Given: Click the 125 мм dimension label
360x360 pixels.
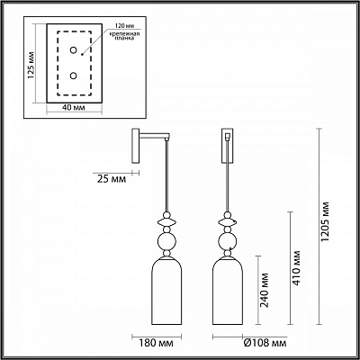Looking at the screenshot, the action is coord(31,66).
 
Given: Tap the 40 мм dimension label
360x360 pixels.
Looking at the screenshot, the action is coord(74,107).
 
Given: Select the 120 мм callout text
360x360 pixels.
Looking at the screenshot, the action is coord(122,25).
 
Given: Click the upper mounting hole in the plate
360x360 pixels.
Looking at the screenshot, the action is coord(73,50).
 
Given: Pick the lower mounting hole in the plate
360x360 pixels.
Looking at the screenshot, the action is coord(73,76).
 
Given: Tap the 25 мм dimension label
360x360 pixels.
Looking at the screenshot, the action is coord(112,179).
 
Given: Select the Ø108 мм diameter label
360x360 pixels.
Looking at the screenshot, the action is coord(265,343).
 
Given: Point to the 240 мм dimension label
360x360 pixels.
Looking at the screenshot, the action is coord(265,290).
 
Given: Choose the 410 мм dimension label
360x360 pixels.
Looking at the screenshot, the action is coord(296,268).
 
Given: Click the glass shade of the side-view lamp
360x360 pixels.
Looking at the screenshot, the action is coord(167,291).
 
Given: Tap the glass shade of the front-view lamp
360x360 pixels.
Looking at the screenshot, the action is coord(228,291).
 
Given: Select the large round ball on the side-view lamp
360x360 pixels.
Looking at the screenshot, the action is coord(167,241).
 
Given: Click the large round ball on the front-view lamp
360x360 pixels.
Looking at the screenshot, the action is coord(228,241).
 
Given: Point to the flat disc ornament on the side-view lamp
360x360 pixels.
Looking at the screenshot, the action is coord(167,222).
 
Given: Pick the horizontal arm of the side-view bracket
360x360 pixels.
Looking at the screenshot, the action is coord(154,136).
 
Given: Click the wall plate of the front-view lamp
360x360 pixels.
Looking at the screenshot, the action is coord(228,146).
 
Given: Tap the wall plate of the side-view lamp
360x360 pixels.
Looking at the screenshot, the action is coord(136,146).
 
